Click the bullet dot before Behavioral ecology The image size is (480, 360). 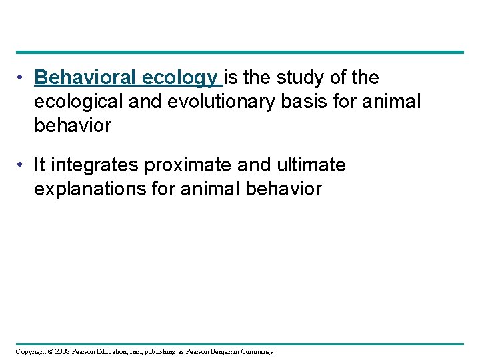[23, 79]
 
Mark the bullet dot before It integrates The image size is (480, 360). [23, 165]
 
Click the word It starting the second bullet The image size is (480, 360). [41, 165]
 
